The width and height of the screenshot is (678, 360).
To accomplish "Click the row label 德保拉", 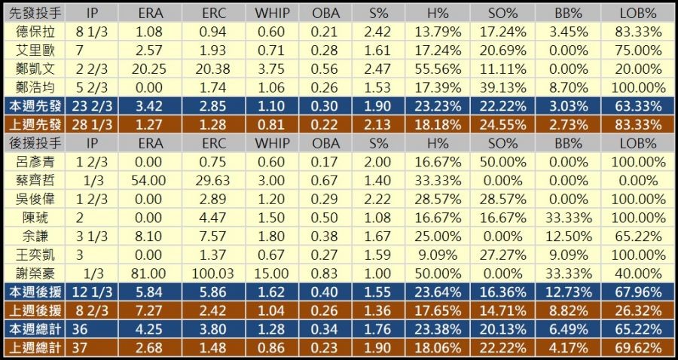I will coord(35,32).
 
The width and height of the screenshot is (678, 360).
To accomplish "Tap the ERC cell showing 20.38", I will coord(214,69).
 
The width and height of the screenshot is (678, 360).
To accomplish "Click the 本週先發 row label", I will coord(35,105).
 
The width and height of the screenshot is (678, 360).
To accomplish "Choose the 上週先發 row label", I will coord(35,124).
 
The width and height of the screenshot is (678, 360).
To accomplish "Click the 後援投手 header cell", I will coord(35,142).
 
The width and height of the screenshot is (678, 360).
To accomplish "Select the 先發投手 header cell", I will coord(35,14).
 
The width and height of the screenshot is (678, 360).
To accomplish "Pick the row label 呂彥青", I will coord(35,160).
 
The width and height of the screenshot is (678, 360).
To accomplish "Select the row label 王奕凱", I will coord(35,254).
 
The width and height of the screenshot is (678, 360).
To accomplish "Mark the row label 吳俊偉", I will coord(35,198).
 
